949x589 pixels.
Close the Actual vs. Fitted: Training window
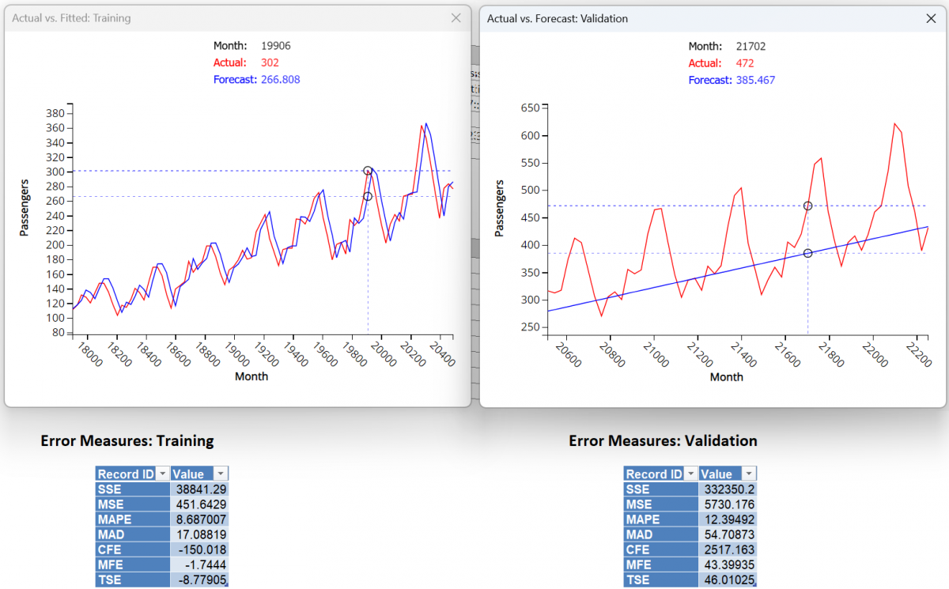tap(456, 18)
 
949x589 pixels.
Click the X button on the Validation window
tap(931, 18)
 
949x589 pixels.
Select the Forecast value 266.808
tap(279, 80)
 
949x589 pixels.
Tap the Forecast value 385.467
tap(754, 80)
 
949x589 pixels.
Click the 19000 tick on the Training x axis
tap(234, 355)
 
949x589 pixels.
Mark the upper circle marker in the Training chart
tap(368, 171)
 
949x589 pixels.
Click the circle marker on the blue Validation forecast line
tap(807, 253)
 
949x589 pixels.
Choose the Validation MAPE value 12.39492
tap(728, 519)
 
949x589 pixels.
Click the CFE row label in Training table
tap(111, 549)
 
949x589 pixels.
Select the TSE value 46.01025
tap(728, 580)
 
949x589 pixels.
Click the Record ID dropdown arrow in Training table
tap(162, 474)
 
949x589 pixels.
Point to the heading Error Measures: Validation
tap(663, 441)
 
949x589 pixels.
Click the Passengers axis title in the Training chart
tap(25, 209)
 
